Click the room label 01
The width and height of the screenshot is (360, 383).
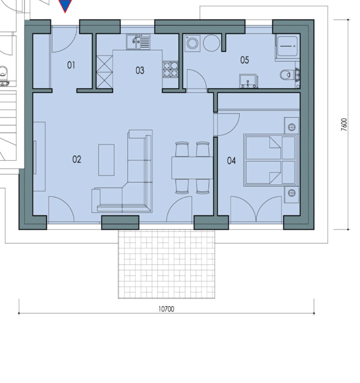coord(71,65)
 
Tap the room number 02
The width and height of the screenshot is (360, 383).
coord(76,159)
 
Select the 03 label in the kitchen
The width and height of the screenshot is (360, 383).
coord(140,70)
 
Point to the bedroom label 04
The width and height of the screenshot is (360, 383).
coord(232,161)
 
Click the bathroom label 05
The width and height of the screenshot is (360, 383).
coord(245,60)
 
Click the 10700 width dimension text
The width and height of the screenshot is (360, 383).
coord(166,309)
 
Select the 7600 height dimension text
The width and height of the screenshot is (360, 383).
coord(344,124)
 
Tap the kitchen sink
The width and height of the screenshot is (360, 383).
coord(138,42)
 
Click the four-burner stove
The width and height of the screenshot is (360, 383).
coord(171,70)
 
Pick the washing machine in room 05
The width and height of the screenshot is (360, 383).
coord(193,43)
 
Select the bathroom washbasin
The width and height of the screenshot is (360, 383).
coord(248,81)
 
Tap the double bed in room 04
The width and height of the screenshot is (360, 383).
coord(271,160)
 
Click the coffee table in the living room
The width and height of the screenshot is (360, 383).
coord(106,160)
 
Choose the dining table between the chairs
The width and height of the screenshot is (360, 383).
coord(192,168)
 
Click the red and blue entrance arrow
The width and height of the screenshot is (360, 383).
coord(65,5)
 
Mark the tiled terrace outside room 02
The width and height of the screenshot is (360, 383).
coord(166,264)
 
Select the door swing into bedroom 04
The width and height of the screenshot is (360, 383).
coord(227,124)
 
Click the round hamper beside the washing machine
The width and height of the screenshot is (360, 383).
coord(211,43)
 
